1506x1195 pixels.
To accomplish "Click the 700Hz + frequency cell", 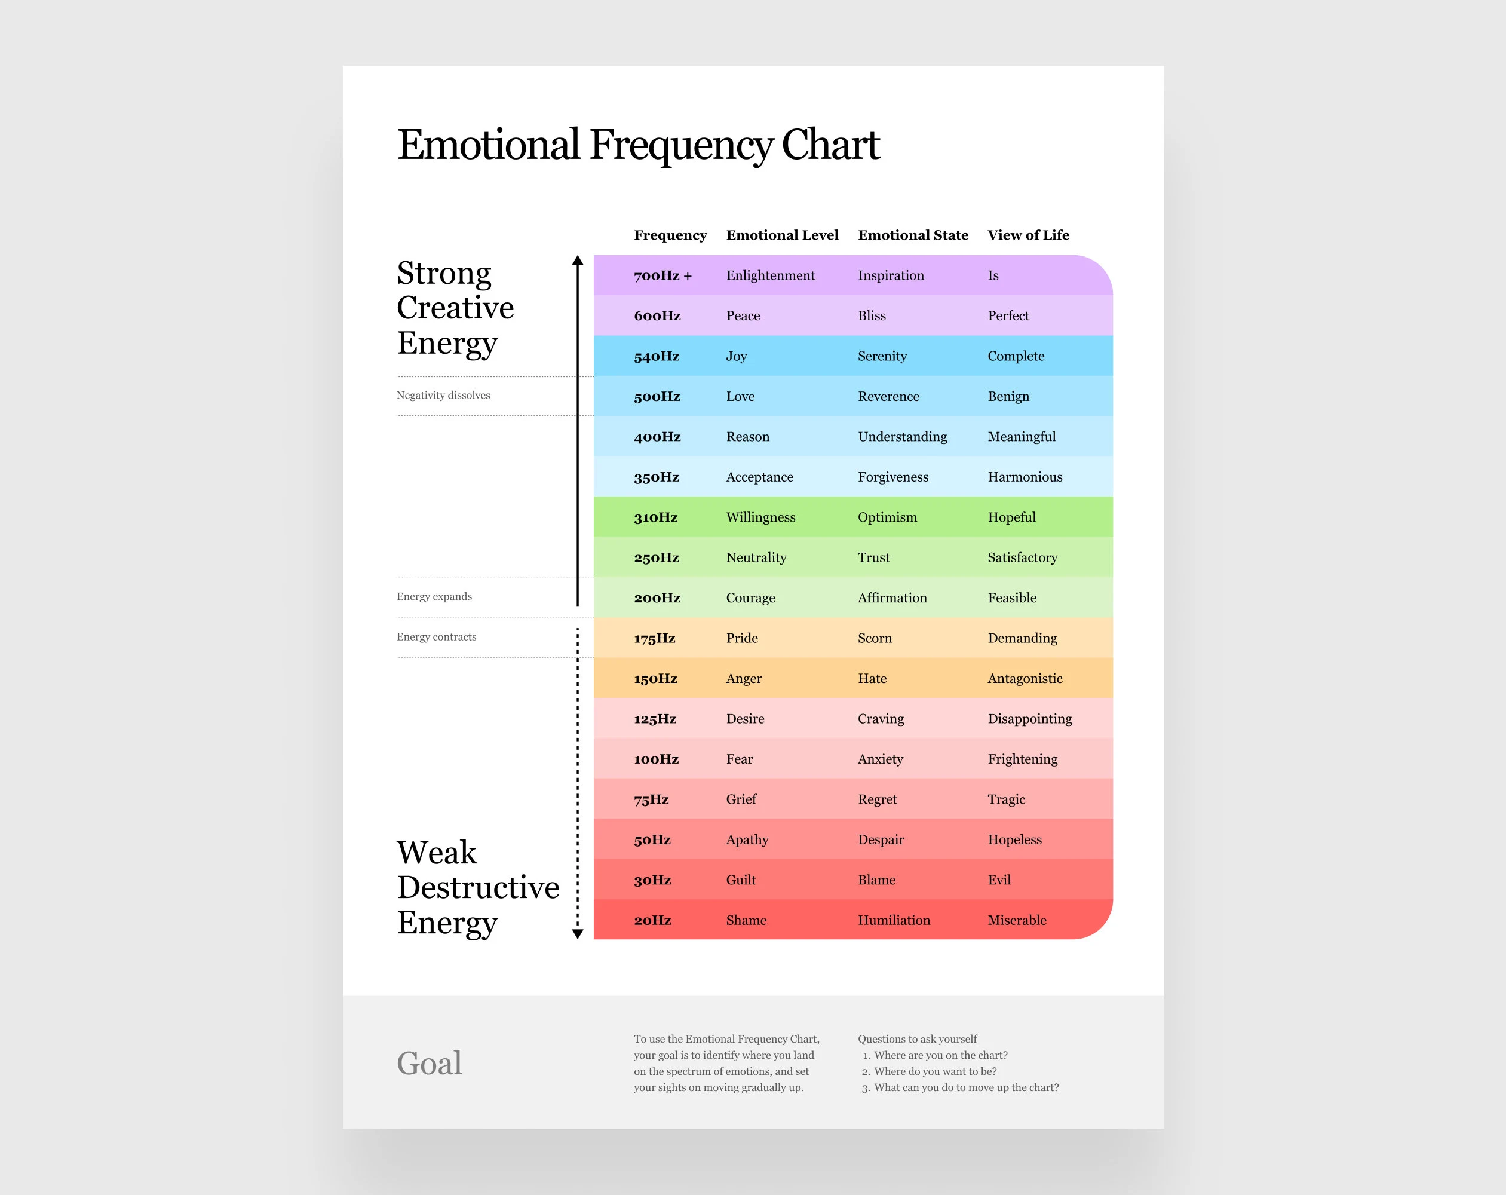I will [x=662, y=275].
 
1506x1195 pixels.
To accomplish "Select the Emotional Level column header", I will [x=781, y=235].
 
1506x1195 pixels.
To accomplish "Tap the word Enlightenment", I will [x=770, y=275].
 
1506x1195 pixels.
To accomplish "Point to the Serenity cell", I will [x=882, y=356].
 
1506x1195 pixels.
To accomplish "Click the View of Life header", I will [x=1027, y=235].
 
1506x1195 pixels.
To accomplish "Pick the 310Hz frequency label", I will [x=655, y=517].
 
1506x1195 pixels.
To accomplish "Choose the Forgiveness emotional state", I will [x=892, y=477].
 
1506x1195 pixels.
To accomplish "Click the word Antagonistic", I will [x=1024, y=678].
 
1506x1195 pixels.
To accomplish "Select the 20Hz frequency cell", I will [x=652, y=920].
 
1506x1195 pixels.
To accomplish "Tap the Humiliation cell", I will [x=894, y=920].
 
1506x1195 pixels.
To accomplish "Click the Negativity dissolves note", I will [x=443, y=395].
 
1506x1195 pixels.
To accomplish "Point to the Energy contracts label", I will [x=436, y=636].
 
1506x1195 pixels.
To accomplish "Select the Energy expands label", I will [x=434, y=596].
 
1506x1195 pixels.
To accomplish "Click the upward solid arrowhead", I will [x=578, y=261].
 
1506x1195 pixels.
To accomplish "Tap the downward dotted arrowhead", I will [x=578, y=934].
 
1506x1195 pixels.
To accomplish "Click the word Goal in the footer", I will [x=429, y=1063].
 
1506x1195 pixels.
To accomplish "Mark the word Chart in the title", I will [x=830, y=145].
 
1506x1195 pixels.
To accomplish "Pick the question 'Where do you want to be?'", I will [x=935, y=1071].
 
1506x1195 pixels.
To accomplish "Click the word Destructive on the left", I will [x=478, y=887].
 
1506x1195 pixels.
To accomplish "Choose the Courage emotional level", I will [x=750, y=597].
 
